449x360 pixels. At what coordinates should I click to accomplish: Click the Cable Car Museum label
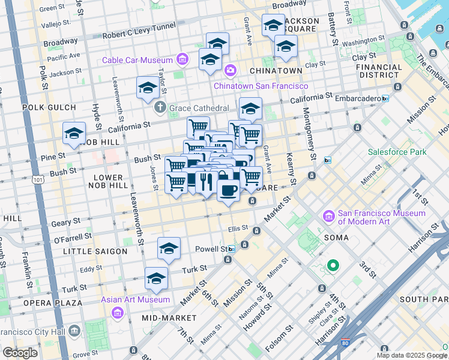coord(137,60)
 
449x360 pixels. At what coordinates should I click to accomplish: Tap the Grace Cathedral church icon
coord(160,108)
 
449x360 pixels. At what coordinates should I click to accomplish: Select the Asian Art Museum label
coord(143,299)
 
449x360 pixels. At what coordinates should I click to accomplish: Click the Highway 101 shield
coord(39,179)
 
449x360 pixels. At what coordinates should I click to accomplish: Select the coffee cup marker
coord(228,190)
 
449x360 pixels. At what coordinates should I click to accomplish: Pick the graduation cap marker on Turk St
coord(156,279)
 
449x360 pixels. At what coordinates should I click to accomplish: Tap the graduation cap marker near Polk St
coord(74,134)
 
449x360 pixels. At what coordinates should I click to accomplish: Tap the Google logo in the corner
coord(20,353)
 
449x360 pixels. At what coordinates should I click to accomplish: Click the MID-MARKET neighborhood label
coord(169,317)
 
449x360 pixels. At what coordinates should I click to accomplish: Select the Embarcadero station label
coord(354,98)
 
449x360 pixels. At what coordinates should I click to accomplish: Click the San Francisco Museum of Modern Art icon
coord(328,216)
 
